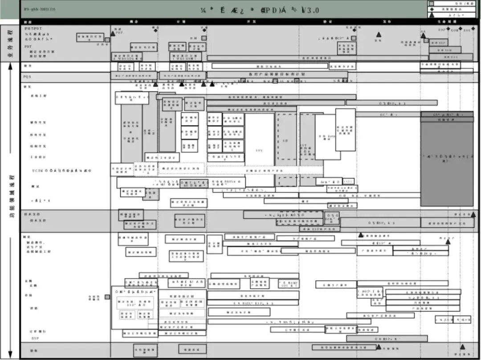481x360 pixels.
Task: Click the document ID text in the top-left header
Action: pos(40,9)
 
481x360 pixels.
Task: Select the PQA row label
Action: pos(28,77)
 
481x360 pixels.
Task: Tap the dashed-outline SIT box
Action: pos(286,136)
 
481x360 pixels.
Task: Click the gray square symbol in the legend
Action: pos(431,4)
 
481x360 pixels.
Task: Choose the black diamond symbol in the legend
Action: pos(431,9)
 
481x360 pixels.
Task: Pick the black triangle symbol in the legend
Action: pos(431,15)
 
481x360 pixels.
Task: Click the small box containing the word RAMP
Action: pos(289,283)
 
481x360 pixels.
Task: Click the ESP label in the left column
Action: pos(35,338)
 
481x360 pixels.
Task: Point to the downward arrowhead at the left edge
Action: pos(10,355)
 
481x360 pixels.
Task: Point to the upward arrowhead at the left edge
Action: pos(10,67)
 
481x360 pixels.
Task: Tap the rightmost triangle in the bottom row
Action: pos(462,347)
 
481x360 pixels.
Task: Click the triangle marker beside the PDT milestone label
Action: pos(113,33)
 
